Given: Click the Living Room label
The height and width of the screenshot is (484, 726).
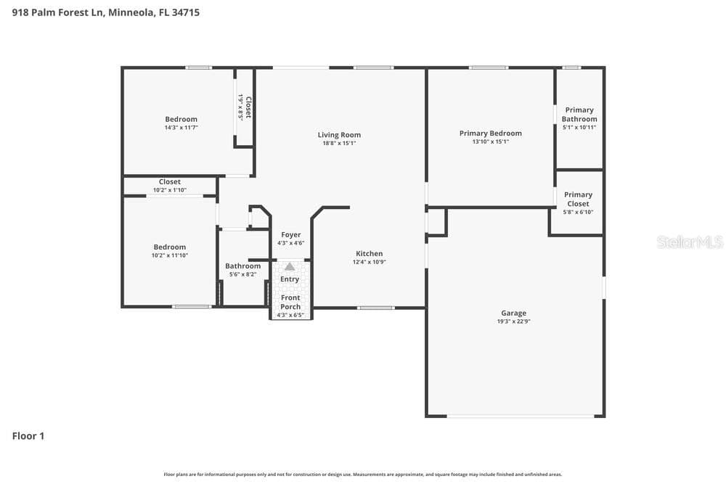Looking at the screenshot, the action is pos(339,135).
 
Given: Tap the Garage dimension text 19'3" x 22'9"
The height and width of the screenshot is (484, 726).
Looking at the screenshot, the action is pos(513,321).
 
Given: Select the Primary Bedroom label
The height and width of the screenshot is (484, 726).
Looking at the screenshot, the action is pos(490,134).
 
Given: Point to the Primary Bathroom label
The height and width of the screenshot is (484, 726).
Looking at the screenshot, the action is pos(579,115).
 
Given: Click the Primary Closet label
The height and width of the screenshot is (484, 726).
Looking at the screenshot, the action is pos(578,199).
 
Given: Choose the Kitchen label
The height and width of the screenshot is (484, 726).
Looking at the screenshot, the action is pos(369,253).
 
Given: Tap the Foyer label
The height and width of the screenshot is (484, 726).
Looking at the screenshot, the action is pos(291,234).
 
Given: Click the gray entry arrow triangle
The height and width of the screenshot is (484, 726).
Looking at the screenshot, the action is pos(290,266).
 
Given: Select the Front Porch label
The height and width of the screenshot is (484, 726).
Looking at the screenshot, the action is pos(290,302).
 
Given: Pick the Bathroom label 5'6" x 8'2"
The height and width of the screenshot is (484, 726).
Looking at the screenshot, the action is pos(242,266).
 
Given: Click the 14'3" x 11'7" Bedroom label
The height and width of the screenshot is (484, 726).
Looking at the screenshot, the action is pos(181,120).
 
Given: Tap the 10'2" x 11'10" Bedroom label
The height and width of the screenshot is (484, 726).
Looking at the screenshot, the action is pos(169,247).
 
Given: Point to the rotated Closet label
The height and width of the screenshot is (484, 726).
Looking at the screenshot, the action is pos(248,107).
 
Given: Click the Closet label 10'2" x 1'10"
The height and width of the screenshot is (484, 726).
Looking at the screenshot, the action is pos(169,182).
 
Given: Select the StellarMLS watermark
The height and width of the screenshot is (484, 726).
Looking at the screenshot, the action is pos(690,242).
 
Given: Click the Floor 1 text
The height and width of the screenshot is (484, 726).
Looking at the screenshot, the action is pos(28,436).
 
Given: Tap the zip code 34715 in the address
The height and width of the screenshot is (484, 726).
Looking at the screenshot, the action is pos(186,12).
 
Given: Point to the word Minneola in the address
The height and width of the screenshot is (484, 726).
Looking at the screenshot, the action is pos(131,12).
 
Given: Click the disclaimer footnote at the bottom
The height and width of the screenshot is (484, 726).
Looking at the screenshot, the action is pos(362,475).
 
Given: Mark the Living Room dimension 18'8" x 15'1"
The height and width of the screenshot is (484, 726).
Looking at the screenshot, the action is pos(339,144).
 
